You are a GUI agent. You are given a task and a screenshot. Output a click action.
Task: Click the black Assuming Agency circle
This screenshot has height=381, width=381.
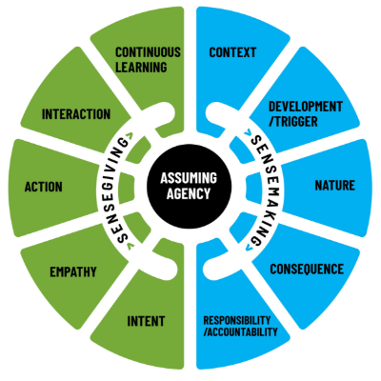tap(190, 186)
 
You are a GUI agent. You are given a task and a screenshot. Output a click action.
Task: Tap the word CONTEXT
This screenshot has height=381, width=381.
tap(232, 52)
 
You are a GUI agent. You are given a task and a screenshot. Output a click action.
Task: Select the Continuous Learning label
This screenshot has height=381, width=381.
tap(148, 60)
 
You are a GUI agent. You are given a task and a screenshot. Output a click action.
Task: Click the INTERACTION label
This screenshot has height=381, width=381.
tap(76, 114)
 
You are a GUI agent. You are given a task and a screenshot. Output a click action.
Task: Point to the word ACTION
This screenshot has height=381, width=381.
tap(44, 187)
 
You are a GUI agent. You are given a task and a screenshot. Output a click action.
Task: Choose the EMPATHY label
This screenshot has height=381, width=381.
tap(73, 272)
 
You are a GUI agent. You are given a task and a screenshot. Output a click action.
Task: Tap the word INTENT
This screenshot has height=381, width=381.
tap(146, 321)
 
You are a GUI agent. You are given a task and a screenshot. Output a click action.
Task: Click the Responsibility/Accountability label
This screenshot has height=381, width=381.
tap(240, 326)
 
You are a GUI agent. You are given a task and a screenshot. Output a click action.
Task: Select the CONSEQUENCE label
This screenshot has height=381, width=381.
tap(307, 270)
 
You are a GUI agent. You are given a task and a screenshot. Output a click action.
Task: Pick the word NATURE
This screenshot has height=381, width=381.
tap(335, 186)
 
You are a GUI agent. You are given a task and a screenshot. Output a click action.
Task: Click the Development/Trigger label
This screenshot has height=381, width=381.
tap(306, 113)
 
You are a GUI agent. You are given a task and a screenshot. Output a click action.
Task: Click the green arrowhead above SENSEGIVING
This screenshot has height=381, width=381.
tap(130, 135)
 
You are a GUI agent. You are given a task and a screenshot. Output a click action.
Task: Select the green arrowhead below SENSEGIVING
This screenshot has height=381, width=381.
tap(130, 246)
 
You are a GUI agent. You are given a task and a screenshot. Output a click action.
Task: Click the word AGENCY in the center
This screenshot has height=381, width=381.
tap(189, 193)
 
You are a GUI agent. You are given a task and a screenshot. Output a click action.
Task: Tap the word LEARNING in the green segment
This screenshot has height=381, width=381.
tap(141, 68)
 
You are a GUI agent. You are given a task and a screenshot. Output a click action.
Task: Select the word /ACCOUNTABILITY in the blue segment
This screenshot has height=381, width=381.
tap(240, 331)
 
